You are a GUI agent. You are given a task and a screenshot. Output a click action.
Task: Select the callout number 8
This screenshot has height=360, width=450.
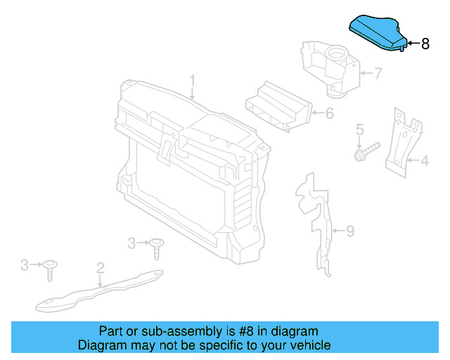(425, 44)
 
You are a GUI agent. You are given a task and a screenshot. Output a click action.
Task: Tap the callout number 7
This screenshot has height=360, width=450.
(378, 72)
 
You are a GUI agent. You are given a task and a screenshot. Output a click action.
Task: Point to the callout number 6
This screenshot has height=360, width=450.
(329, 112)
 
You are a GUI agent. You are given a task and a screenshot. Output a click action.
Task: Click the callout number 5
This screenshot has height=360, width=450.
(359, 129)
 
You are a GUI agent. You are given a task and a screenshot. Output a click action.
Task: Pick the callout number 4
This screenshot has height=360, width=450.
(424, 161)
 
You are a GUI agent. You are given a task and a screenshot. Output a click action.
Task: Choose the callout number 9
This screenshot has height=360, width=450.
(350, 229)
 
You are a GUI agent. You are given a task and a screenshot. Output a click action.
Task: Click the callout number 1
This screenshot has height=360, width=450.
(193, 81)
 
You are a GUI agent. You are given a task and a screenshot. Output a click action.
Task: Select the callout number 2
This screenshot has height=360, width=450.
(101, 267)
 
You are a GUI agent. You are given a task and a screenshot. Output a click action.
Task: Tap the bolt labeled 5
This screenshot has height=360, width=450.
(366, 150)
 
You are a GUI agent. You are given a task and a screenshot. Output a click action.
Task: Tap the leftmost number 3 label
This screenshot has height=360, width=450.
(25, 264)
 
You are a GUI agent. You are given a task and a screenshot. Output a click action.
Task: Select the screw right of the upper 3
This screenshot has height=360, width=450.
(156, 247)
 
